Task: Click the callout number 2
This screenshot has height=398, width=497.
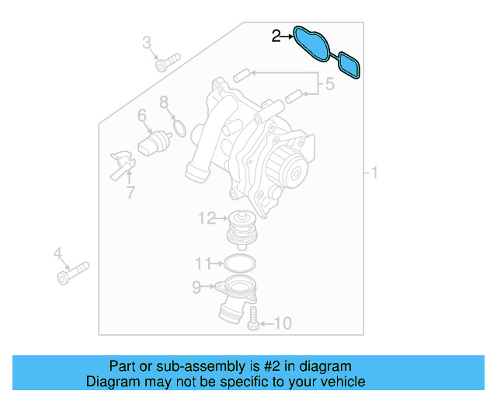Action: (276, 35)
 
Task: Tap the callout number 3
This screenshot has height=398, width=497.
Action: (147, 43)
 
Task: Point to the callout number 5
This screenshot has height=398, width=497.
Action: (329, 84)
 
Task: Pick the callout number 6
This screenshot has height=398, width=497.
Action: (142, 117)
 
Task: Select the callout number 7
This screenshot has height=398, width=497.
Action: (164, 102)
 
